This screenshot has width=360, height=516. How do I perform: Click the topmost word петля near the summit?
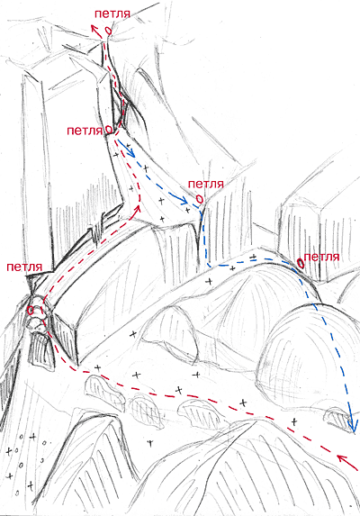tap(112, 14)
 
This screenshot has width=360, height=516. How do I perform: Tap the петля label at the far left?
tap(24, 267)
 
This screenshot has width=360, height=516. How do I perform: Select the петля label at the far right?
tap(321, 257)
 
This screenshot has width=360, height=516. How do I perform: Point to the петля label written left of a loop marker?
tap(85, 131)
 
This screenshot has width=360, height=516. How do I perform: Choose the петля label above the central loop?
tap(206, 184)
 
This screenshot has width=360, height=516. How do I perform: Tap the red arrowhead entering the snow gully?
tap(139, 208)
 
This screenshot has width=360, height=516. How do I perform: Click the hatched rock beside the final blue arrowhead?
tap(337, 420)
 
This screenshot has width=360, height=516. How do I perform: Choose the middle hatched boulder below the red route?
tap(148, 411)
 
